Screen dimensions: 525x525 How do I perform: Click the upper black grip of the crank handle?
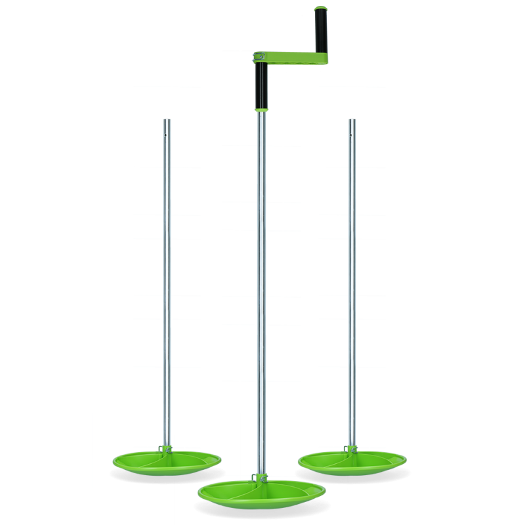point(322,33)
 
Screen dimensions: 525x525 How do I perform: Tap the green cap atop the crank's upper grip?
point(322,10)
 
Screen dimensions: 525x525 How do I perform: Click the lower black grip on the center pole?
point(261,84)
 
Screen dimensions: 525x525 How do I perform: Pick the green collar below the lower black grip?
point(261,108)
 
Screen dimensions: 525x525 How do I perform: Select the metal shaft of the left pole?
point(167,276)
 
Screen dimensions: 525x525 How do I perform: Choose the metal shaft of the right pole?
point(352,276)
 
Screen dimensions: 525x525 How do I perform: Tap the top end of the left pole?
point(167,121)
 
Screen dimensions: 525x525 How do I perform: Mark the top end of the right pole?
point(352,121)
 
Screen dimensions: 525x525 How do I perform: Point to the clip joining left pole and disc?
point(166,449)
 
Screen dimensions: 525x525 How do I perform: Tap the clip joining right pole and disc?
point(351,449)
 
